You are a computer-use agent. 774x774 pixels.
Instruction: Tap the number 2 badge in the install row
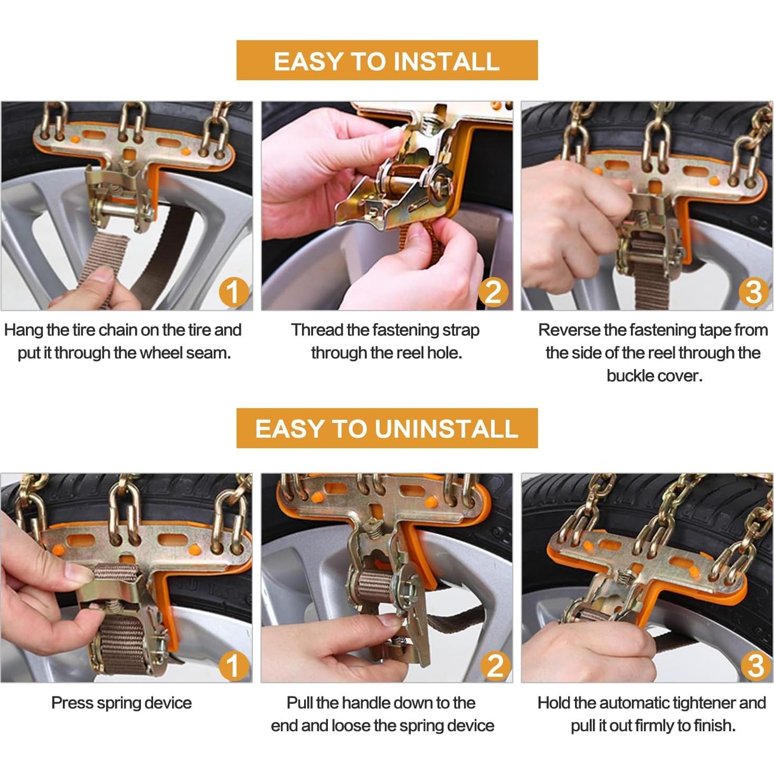click(x=494, y=292)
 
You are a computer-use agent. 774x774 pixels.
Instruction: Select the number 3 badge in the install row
click(x=753, y=292)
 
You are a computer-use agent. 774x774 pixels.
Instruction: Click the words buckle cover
click(x=654, y=376)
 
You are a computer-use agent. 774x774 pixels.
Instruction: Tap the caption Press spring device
click(x=121, y=703)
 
